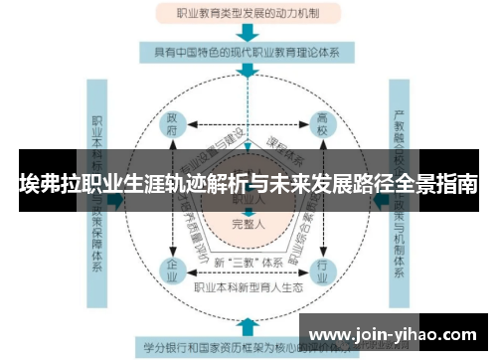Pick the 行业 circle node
click(321, 269)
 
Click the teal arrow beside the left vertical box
click(118, 200)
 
